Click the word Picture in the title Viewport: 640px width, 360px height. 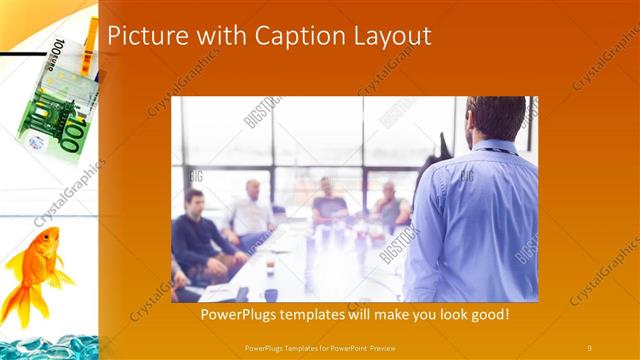(x=140, y=36)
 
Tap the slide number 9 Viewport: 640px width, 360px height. (x=589, y=347)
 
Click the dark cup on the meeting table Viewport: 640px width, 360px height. (x=271, y=294)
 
